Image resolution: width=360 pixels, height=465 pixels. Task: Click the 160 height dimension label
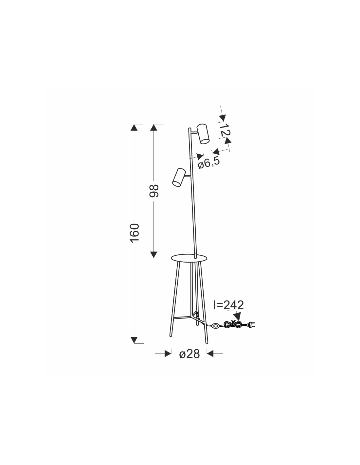tap(135, 232)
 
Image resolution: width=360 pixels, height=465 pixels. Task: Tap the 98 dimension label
tap(154, 191)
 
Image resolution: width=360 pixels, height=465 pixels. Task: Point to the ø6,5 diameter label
tap(209, 163)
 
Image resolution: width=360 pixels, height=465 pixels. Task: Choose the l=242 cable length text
tap(229, 305)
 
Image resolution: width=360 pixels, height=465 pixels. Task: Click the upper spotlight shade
tap(203, 134)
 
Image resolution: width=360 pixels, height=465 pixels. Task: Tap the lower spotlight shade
tap(179, 177)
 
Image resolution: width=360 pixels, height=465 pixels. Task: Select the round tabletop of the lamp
tap(189, 258)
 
